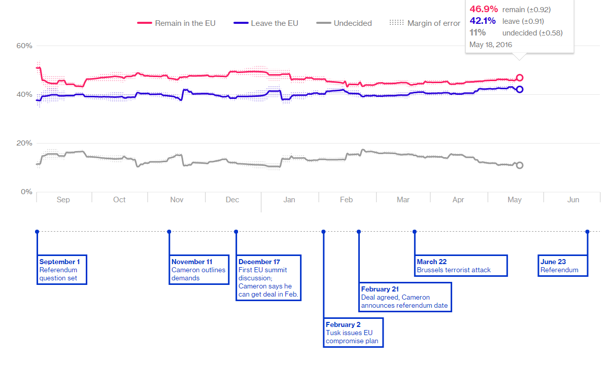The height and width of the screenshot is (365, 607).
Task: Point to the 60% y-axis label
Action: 24,46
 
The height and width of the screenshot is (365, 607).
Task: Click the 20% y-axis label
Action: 24,143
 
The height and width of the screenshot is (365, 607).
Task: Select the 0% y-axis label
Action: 26,192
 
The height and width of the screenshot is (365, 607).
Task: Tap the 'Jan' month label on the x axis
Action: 289,200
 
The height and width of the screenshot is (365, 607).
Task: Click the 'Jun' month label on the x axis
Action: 572,200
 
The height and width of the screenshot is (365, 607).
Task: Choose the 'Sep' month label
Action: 63,200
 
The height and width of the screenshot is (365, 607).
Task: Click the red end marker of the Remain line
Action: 519,78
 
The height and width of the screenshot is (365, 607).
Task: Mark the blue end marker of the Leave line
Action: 519,89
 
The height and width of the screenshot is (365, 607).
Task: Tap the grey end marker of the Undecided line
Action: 519,165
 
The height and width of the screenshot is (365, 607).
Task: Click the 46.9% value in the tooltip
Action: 484,9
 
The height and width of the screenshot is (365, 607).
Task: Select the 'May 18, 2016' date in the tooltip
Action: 491,45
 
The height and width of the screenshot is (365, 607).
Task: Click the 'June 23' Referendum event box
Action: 562,266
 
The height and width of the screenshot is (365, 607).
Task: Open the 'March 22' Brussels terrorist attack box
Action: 460,266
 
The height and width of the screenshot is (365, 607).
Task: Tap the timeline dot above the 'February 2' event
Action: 323,232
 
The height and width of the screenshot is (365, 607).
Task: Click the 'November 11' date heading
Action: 192,262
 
